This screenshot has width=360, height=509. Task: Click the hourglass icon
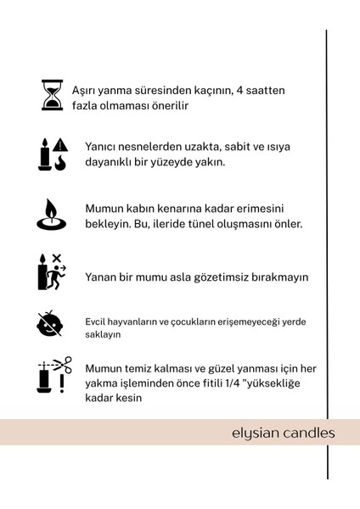point(53,95)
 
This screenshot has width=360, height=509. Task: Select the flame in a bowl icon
point(51,215)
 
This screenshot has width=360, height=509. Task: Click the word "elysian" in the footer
point(256,433)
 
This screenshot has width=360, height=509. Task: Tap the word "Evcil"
point(96,322)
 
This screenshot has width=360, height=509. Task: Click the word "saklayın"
point(103,335)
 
